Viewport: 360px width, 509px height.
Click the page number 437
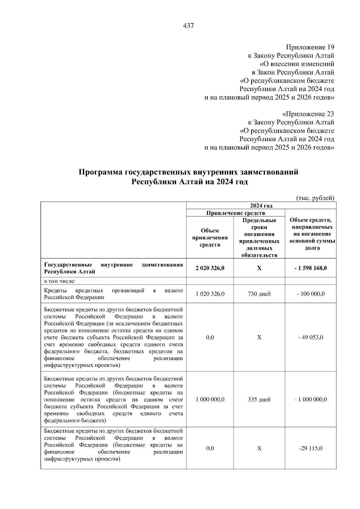tap(188, 26)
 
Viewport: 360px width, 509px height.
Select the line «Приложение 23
tap(308, 114)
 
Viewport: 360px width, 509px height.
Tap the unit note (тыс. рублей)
tap(315, 198)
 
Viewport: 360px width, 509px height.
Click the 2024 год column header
tap(261, 206)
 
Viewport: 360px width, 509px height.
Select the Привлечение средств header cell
tap(235, 213)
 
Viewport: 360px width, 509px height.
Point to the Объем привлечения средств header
tap(210, 238)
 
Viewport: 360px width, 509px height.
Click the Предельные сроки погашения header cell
tap(259, 238)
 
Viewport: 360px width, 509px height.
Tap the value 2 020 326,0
tap(210, 268)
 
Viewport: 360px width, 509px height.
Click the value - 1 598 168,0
tap(310, 268)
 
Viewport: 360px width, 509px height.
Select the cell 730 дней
tap(259, 294)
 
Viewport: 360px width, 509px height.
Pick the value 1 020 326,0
tap(210, 294)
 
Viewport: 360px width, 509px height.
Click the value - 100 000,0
tap(310, 294)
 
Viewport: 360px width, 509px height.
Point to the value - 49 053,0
tap(310, 338)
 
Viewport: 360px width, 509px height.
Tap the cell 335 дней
tap(259, 400)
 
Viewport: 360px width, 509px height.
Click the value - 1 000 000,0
tap(310, 400)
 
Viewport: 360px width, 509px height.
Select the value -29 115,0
tap(310, 448)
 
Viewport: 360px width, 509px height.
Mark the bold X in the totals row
tap(259, 268)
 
